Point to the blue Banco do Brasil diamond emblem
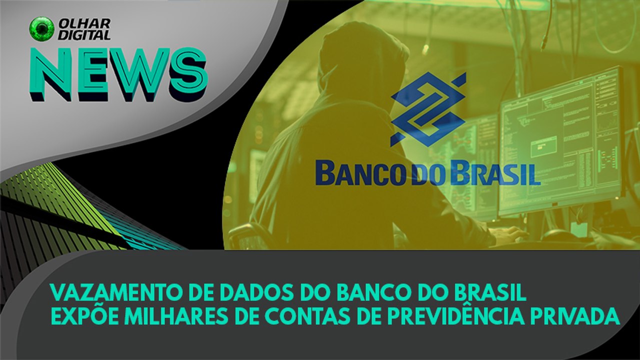tap(428, 109)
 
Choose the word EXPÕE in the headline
tap(79, 316)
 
